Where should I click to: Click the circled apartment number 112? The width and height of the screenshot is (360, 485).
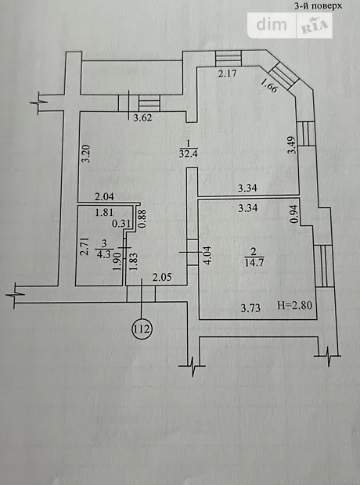tap(142, 329)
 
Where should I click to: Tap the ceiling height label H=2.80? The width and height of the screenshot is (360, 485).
tap(294, 306)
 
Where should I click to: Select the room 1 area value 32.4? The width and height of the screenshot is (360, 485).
tap(187, 153)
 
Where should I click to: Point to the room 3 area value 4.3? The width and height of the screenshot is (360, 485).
tap(103, 255)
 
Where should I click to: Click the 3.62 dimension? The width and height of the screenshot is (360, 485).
tap(142, 117)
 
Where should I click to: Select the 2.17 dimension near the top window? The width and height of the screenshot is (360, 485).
tap(228, 74)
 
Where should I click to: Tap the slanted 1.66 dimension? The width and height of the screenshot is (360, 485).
tap(270, 86)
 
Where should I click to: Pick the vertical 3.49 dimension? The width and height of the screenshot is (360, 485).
tap(292, 145)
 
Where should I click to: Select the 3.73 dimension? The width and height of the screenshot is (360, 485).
tap(250, 308)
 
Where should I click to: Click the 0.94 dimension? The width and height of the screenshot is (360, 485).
tap(294, 214)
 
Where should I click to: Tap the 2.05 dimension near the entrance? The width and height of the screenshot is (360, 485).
tap(162, 277)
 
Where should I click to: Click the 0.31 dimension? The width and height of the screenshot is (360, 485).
tap(121, 224)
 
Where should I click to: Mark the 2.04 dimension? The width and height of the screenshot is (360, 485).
tap(104, 196)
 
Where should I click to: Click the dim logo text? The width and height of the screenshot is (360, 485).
tap(272, 24)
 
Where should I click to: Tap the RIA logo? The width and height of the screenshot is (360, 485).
tap(315, 27)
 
